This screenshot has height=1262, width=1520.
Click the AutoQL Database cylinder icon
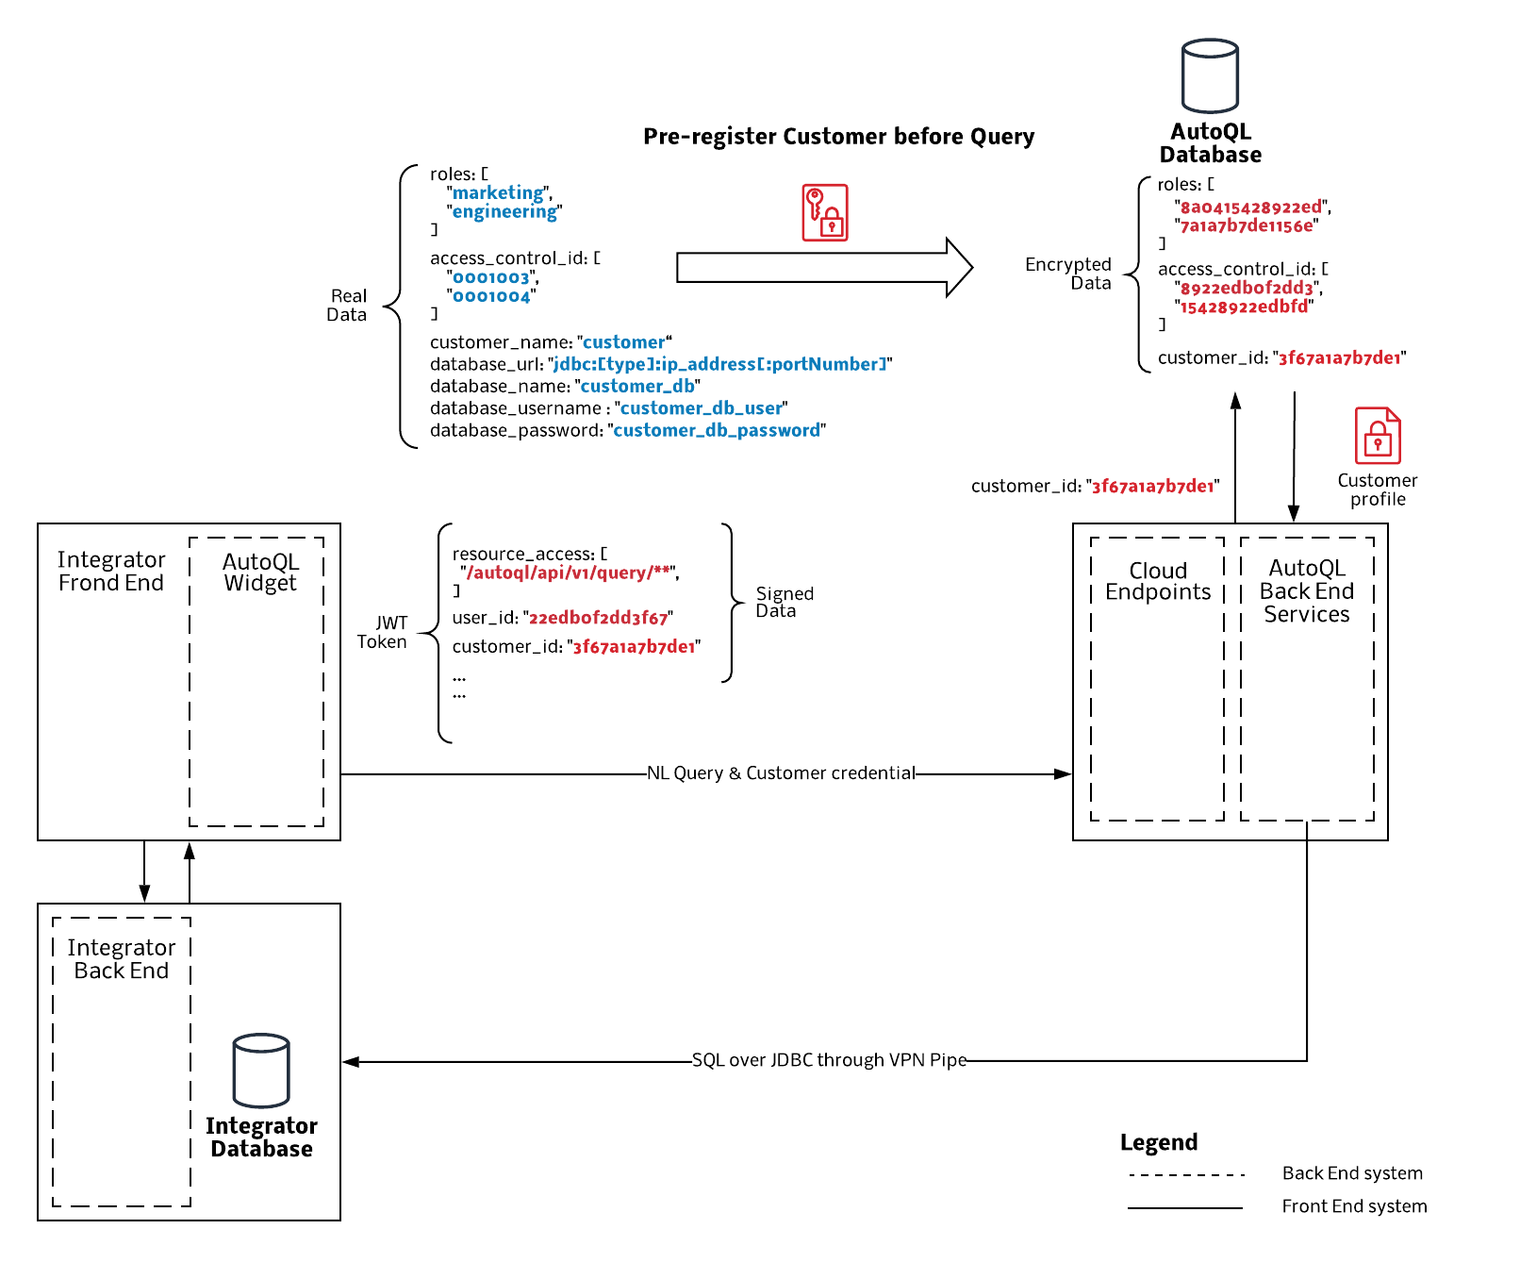[1210, 75]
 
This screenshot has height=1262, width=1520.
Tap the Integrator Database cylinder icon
[261, 1071]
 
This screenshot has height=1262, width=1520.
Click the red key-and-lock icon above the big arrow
[825, 212]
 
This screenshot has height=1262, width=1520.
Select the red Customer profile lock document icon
[1378, 436]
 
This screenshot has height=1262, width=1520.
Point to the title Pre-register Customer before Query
[838, 137]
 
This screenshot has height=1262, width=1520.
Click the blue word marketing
[498, 193]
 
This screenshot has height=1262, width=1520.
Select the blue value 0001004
[491, 296]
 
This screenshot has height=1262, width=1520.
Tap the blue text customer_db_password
[717, 430]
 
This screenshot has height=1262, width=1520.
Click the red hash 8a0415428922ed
[1251, 207]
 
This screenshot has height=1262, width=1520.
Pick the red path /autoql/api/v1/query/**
[569, 573]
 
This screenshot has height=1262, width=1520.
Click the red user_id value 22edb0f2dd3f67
[598, 618]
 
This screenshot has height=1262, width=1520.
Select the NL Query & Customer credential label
[781, 773]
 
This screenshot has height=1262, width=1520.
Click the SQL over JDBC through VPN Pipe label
[829, 1060]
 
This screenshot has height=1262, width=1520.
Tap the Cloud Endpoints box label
[1158, 581]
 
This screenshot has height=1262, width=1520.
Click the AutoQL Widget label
[260, 572]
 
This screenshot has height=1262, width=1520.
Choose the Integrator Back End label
[122, 959]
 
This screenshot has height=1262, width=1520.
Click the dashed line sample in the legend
[1186, 1175]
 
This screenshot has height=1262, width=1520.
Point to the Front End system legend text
[1354, 1206]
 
